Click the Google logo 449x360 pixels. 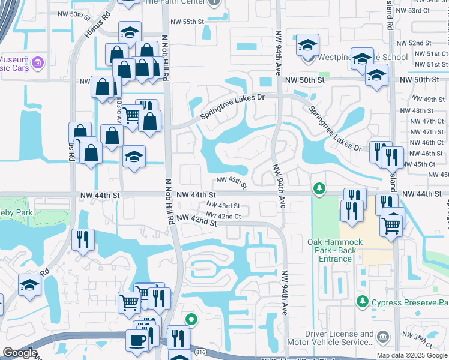pos(19,353)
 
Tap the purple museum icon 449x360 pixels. pos(38,62)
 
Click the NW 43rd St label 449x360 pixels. pos(227,206)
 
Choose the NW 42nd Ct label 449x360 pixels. pos(223,216)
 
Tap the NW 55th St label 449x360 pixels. pos(187,22)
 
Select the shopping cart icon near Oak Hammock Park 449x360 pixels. pos(391,226)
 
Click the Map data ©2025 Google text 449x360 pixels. pos(412,355)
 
